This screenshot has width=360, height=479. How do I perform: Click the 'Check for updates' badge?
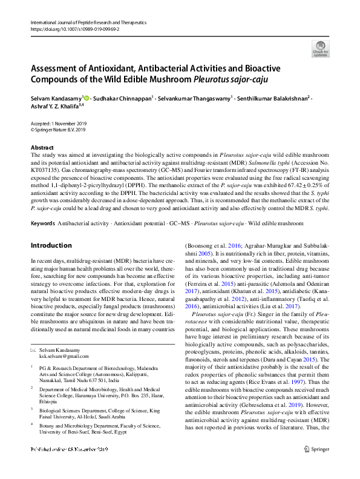[320, 48]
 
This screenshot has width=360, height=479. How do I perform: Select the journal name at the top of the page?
[88, 22]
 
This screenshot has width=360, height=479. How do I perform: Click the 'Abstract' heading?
[42, 148]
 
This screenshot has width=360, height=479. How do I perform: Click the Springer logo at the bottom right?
[317, 466]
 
